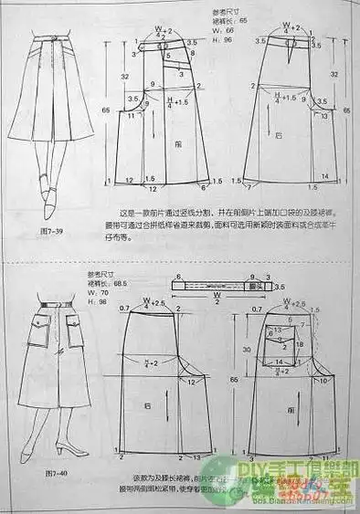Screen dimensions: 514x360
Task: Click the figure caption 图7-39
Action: (54, 232)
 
